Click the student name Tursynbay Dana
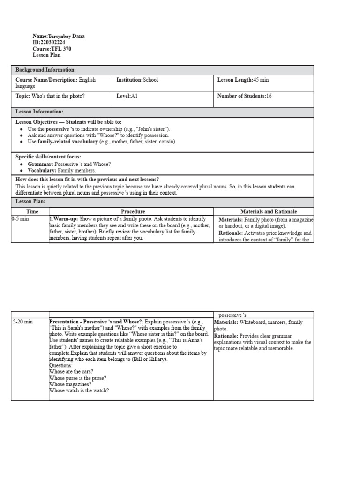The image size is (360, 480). point(67,36)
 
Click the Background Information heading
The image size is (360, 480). point(45,70)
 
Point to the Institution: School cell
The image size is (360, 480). point(137,80)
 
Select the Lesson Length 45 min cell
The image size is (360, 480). point(243,80)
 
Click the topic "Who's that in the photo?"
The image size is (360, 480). point(58,96)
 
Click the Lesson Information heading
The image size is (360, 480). point(39,112)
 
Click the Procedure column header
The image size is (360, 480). point(133,212)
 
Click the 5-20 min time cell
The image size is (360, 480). point(22,322)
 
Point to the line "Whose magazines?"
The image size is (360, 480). point(70,384)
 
